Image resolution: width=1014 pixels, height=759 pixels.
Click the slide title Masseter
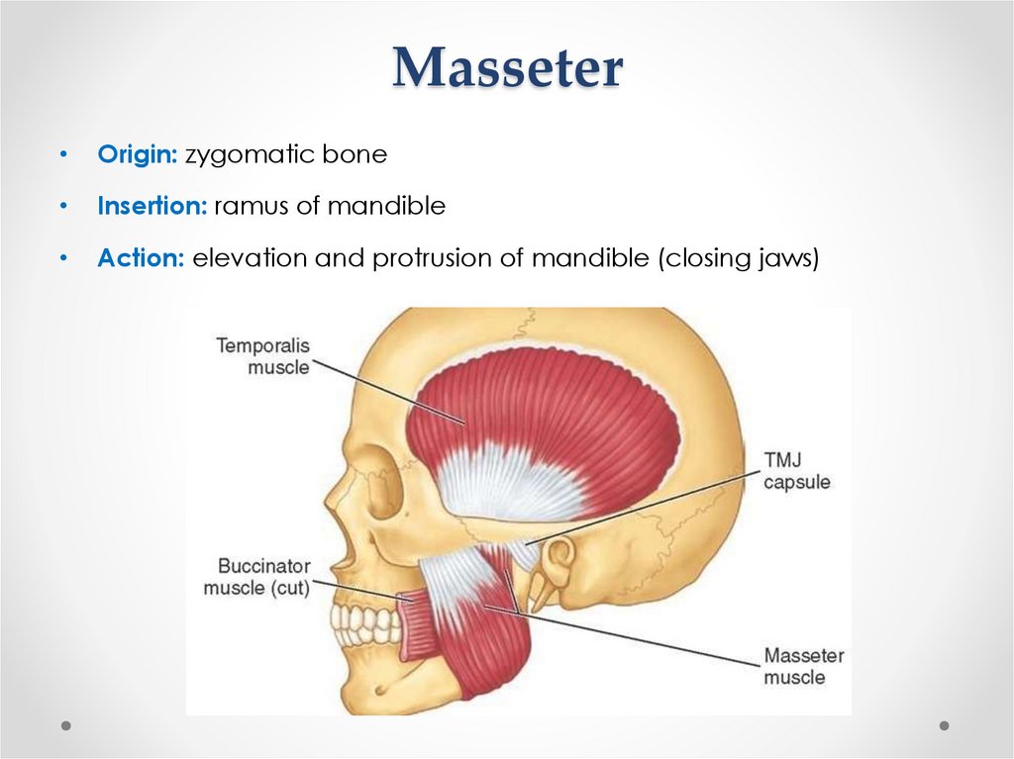pos(507,67)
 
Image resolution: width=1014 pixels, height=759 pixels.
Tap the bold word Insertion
pos(152,206)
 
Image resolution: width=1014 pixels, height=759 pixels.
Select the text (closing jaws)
pos(736,258)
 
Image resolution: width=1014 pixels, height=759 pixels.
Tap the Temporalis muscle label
pos(263,356)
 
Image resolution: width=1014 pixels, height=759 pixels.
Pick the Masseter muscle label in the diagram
pos(803,666)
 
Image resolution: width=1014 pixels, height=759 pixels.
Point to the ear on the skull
pos(558,563)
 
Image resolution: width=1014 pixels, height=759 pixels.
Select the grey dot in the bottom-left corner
pos(66,725)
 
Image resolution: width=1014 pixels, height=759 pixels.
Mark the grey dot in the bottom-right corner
pos(944,725)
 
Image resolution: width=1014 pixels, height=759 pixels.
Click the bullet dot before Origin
pos(62,155)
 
